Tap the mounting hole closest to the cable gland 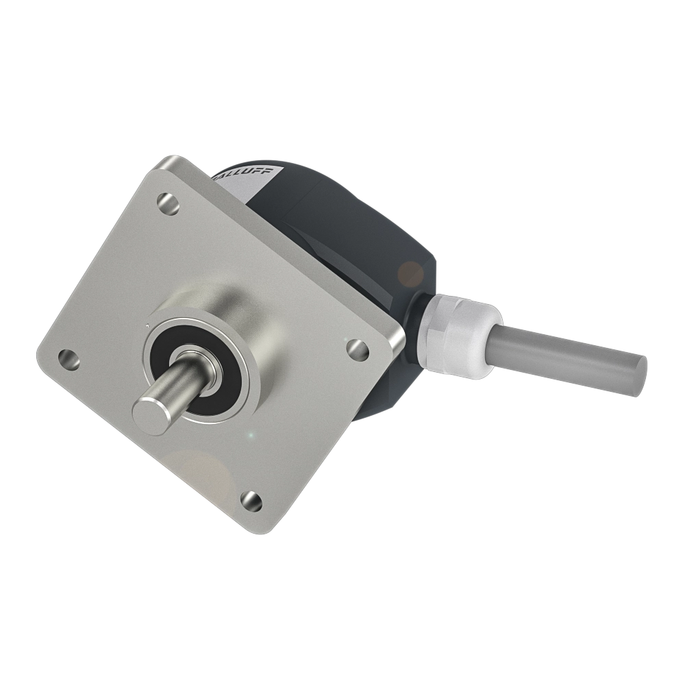(x=354, y=348)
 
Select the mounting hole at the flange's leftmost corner (x=67, y=357)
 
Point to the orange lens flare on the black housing (x=411, y=274)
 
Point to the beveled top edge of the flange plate (x=288, y=240)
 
